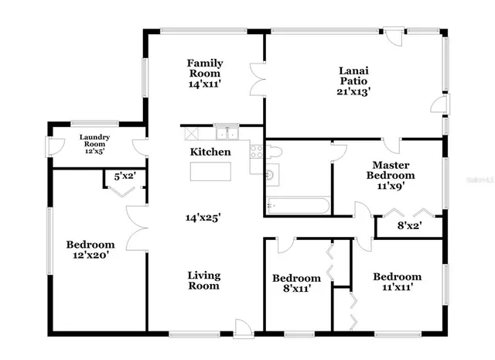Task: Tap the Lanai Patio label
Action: [353, 75]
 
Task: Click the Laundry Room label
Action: [96, 141]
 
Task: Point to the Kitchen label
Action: [210, 152]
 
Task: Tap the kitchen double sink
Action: [226, 132]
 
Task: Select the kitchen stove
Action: [256, 151]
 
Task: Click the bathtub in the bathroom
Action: [298, 206]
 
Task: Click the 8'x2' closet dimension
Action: [408, 226]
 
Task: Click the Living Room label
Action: [204, 280]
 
